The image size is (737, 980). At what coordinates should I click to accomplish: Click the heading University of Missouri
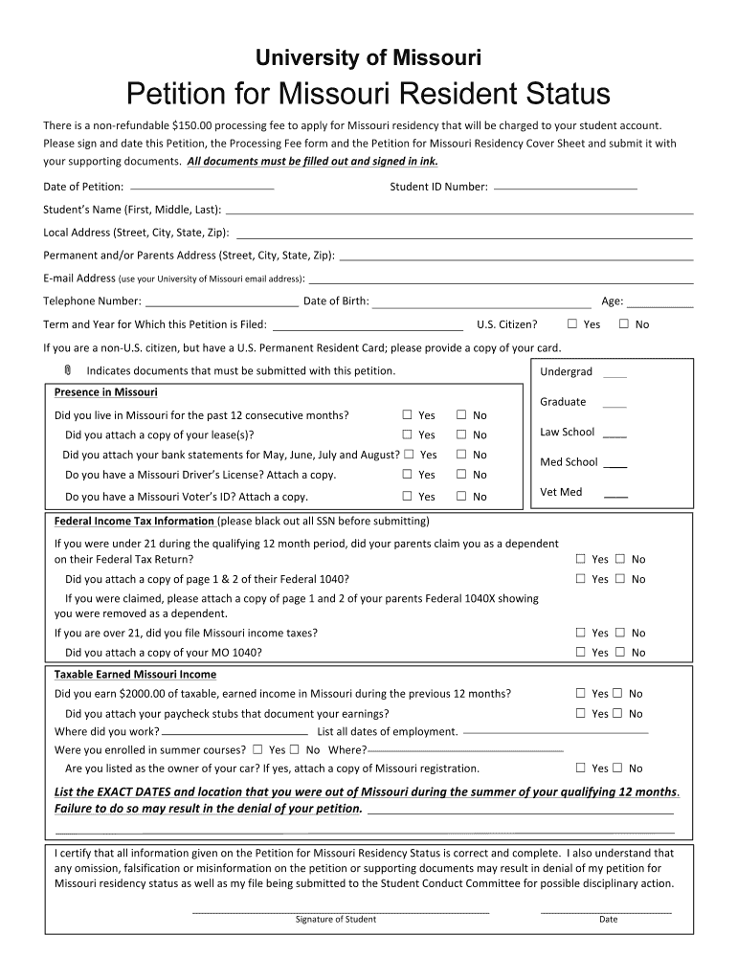(x=368, y=58)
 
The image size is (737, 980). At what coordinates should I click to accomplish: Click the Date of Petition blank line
(x=202, y=188)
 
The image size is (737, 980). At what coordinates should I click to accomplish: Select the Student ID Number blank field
(x=565, y=188)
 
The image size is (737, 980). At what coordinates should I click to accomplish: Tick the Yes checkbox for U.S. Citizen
(x=572, y=324)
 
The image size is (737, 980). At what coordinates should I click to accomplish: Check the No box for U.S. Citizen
(x=624, y=324)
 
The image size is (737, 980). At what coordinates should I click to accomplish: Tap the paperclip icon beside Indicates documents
(x=68, y=370)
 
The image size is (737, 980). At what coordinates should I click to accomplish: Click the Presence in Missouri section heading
(x=106, y=392)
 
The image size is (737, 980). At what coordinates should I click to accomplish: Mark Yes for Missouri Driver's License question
(x=407, y=475)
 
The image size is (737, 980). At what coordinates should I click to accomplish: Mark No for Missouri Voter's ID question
(x=460, y=496)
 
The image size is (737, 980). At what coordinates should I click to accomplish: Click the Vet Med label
(x=561, y=492)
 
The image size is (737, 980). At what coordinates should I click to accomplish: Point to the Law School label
(x=567, y=432)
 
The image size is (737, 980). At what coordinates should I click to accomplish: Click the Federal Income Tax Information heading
(x=134, y=522)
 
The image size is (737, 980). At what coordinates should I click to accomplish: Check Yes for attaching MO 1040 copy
(x=580, y=653)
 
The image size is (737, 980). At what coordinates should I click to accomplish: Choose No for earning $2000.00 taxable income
(x=618, y=694)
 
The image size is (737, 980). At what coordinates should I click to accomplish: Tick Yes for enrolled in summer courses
(x=257, y=749)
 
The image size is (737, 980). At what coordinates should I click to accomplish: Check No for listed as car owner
(x=618, y=768)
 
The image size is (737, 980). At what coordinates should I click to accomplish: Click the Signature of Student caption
(x=336, y=920)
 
